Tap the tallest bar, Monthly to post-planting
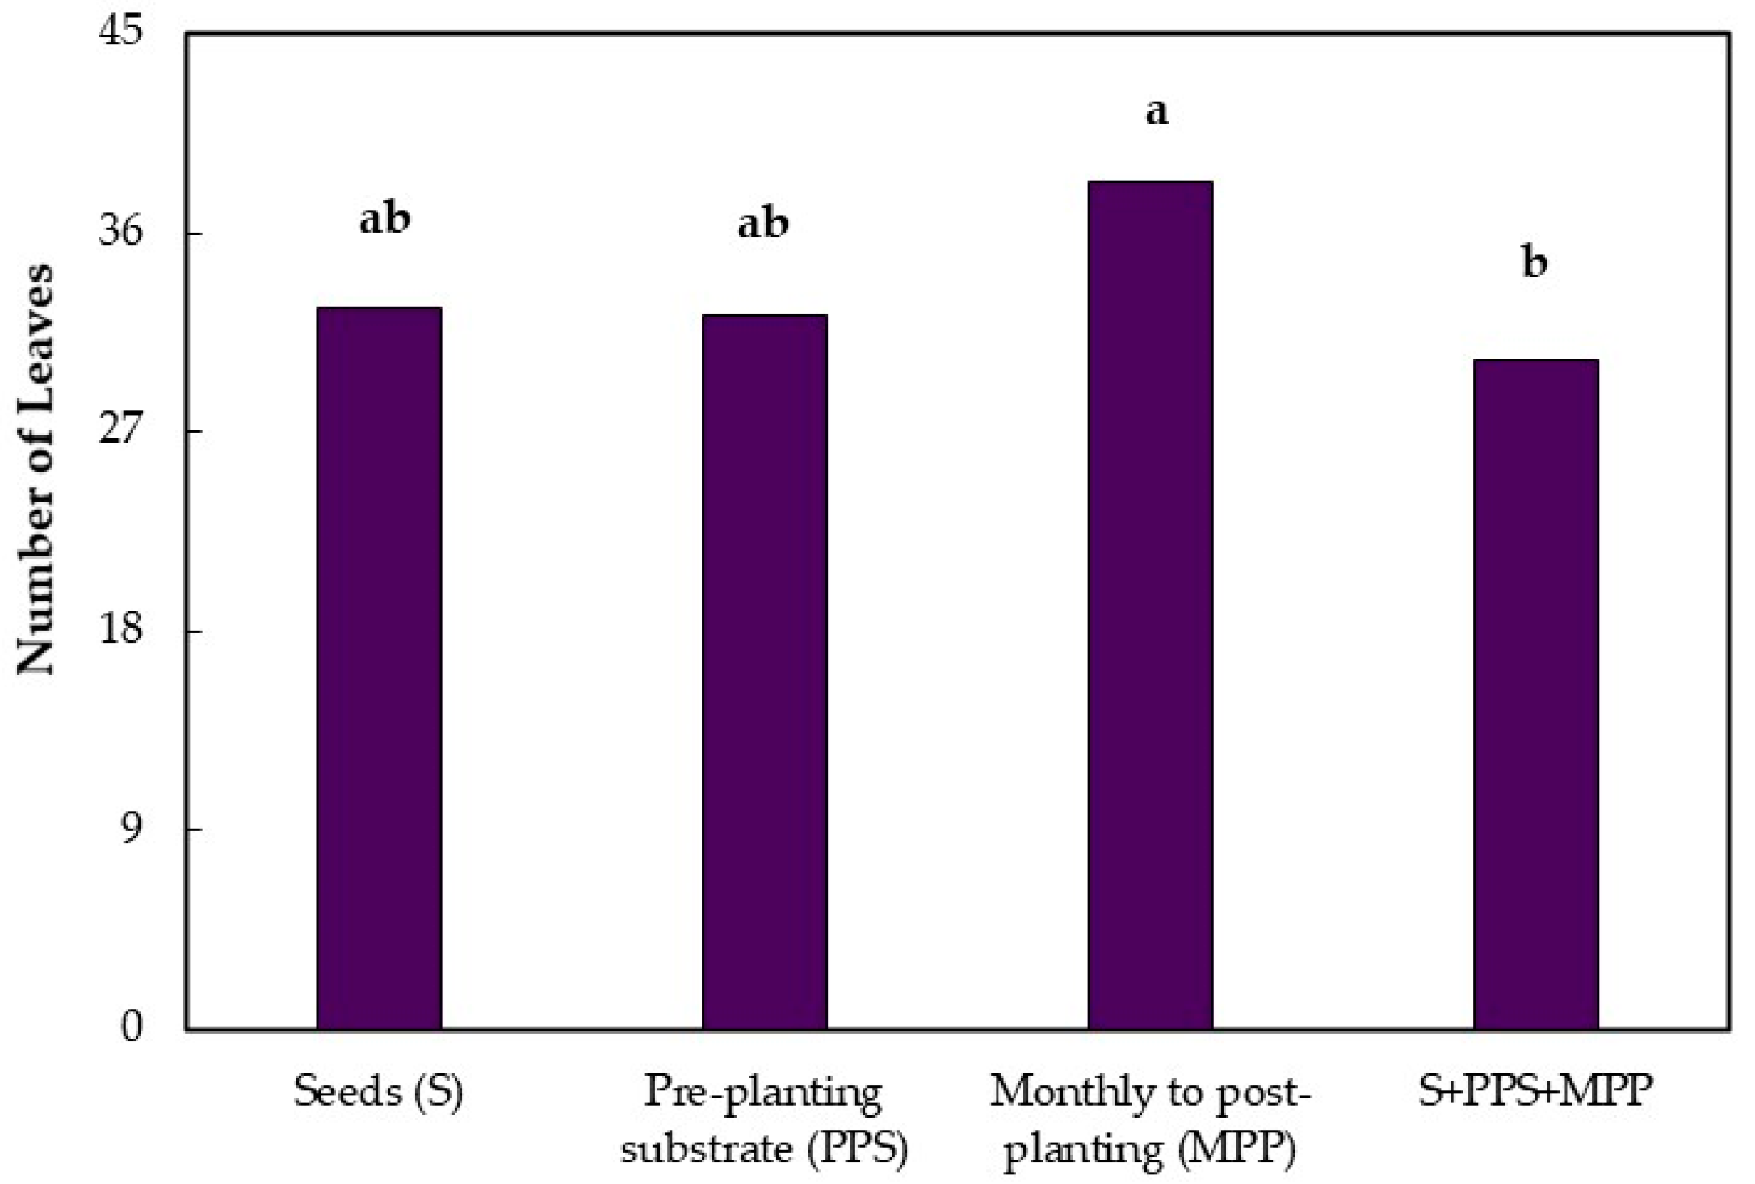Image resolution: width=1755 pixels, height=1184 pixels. pyautogui.click(x=1150, y=606)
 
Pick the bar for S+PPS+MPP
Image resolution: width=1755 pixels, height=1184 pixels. pyautogui.click(x=1535, y=695)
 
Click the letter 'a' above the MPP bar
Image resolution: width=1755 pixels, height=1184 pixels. pyautogui.click(x=1157, y=113)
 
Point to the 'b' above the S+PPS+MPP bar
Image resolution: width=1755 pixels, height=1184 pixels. pyautogui.click(x=1535, y=262)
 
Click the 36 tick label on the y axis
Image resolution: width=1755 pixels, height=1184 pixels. pyautogui.click(x=119, y=233)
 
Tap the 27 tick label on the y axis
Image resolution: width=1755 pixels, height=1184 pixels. pyautogui.click(x=119, y=430)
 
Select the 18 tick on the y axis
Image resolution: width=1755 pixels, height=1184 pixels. pyautogui.click(x=119, y=630)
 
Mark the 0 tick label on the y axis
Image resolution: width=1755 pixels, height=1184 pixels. pyautogui.click(x=130, y=1028)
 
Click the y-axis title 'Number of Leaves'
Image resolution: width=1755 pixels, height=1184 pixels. pyautogui.click(x=36, y=468)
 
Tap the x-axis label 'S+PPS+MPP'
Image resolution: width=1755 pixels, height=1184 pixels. pyautogui.click(x=1535, y=1092)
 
